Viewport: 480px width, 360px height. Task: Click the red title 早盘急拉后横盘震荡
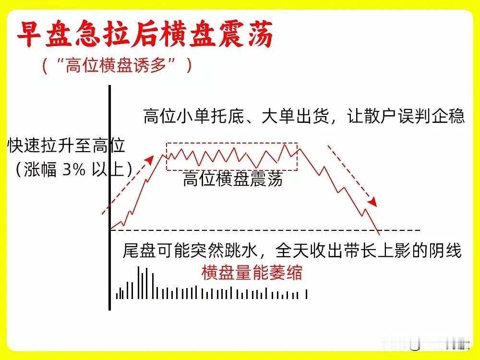tap(145, 34)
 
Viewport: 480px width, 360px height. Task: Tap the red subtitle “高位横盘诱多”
tap(117, 65)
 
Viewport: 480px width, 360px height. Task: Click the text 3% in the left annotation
tap(74, 169)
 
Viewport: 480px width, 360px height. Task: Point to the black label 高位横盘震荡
tap(233, 179)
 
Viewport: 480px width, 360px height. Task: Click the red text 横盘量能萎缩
tap(252, 273)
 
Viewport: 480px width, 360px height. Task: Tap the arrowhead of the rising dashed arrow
tap(150, 160)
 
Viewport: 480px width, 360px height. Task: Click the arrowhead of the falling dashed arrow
tap(372, 202)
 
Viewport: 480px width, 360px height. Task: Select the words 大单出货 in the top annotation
tap(295, 116)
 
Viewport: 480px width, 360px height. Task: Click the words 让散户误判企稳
tap(406, 116)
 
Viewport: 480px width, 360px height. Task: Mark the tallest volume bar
tap(139, 283)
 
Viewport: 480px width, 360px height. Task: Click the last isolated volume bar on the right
tap(306, 294)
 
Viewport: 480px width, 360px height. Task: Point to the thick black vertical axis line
tap(109, 198)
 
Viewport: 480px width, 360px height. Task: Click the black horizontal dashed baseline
tap(265, 230)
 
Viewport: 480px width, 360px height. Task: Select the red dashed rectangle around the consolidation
tap(232, 143)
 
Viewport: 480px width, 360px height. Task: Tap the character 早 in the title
tap(30, 34)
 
